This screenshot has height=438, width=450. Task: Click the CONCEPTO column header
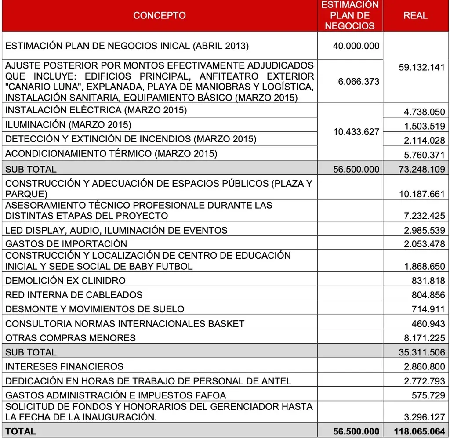pos(159,15)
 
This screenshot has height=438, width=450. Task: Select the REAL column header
pos(415,15)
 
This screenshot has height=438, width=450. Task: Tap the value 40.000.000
pos(356,46)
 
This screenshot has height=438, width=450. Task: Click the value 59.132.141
pos(418,68)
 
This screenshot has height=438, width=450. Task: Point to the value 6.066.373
pos(359,82)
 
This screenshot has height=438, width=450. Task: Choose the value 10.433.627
pos(356,132)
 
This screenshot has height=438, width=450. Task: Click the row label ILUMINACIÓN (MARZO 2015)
pos(68,125)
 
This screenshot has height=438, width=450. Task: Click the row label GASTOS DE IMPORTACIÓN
pos(66,244)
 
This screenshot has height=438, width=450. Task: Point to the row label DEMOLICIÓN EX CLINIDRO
pos(65,281)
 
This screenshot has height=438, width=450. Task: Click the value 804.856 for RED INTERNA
pos(428,295)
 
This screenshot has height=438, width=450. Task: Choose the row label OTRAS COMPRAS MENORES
pos(70,338)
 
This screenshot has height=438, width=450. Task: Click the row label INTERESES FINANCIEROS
pos(64,366)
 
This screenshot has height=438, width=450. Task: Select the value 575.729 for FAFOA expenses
pos(428,395)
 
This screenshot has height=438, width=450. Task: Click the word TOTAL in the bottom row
pos(21,431)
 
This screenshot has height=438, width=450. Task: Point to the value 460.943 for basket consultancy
pos(428,324)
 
